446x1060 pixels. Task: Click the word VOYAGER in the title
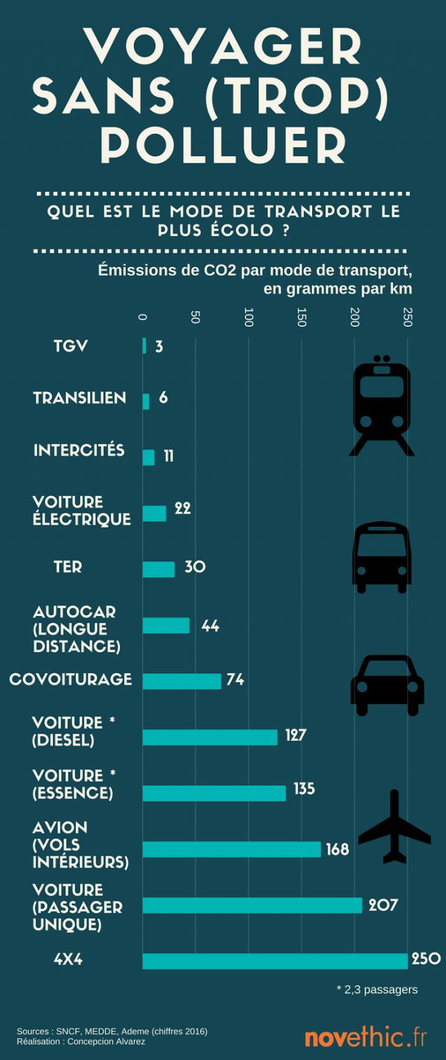[223, 46]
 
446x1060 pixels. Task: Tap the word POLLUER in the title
[223, 144]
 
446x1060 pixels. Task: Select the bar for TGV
[144, 346]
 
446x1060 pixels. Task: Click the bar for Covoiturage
[182, 681]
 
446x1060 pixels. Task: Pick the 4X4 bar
[275, 961]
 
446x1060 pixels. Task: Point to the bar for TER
[158, 569]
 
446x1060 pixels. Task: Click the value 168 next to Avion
[338, 850]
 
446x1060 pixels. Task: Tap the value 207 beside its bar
[383, 905]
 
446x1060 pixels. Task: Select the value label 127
[295, 735]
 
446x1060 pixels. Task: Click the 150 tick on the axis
[301, 317]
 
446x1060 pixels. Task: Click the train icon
[382, 406]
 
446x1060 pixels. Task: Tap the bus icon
[382, 558]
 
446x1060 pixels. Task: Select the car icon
[387, 685]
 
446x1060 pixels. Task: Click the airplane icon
[394, 827]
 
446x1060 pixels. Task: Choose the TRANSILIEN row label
[79, 398]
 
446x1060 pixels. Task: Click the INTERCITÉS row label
[79, 450]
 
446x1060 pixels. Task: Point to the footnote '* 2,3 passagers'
[377, 990]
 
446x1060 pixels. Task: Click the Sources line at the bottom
[112, 1031]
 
